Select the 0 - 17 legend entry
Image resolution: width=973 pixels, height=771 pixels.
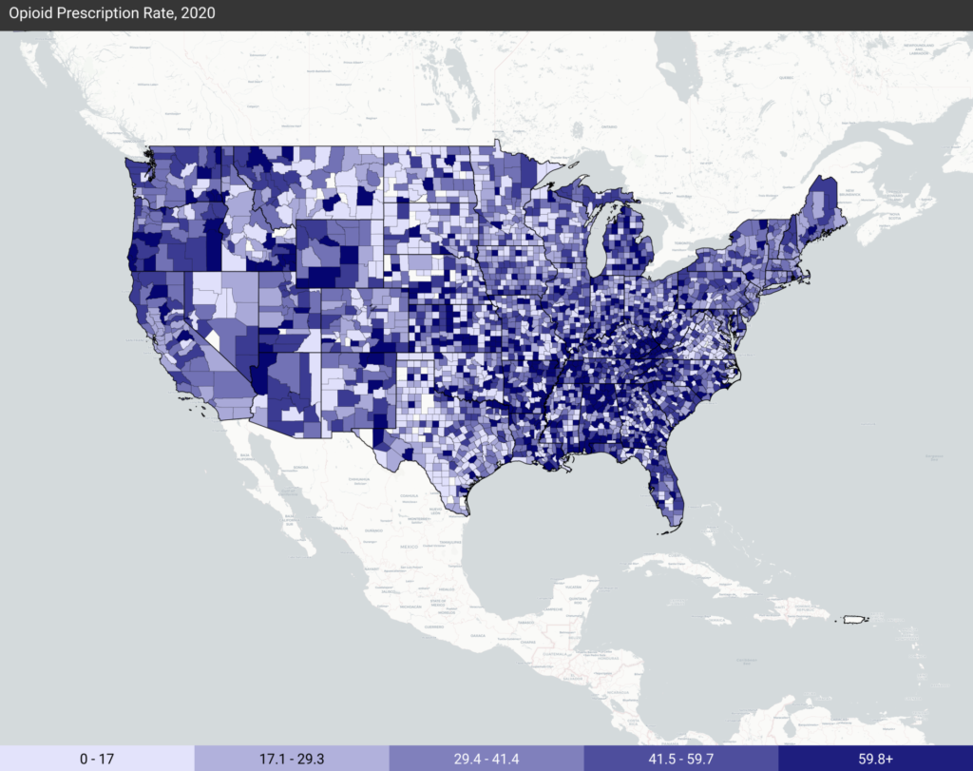pos(97,758)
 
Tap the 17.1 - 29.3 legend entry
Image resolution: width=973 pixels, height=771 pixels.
pos(292,758)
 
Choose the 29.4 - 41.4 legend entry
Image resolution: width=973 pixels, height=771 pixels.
pos(486,758)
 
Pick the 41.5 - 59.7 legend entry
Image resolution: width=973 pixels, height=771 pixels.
pos(680,758)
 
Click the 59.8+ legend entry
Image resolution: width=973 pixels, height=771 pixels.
pos(875,758)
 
